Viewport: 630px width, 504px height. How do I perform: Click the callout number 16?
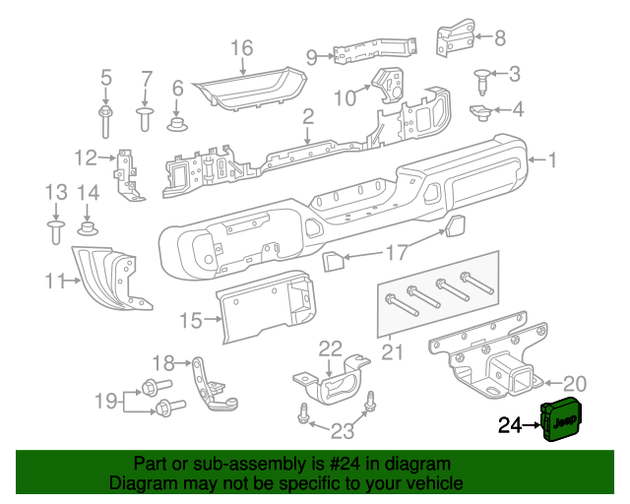[x=241, y=47]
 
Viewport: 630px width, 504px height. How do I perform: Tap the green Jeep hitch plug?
[x=560, y=422]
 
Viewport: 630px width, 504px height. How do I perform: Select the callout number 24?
[x=510, y=425]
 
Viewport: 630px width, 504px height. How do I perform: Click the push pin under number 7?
[x=145, y=119]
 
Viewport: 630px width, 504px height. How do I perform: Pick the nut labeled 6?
[x=178, y=124]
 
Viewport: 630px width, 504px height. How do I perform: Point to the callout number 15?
[x=190, y=320]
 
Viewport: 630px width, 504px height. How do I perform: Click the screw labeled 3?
[x=483, y=76]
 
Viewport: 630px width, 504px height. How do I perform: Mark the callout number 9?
[x=312, y=58]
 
